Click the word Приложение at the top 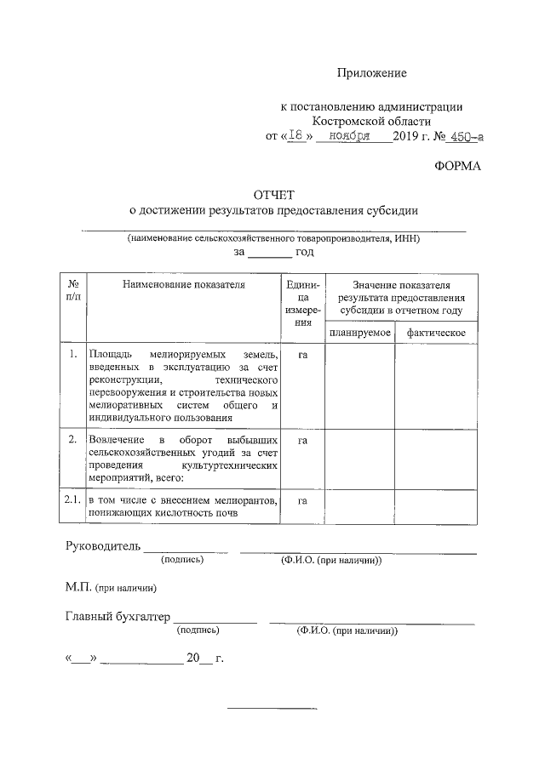coord(371,73)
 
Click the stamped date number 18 coord(297,135)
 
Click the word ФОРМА coord(458,166)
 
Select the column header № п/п coord(73,290)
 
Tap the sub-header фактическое coord(435,332)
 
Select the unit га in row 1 coord(302,354)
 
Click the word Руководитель coord(101,545)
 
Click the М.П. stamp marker coord(77,587)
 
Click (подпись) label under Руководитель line coord(183,560)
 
